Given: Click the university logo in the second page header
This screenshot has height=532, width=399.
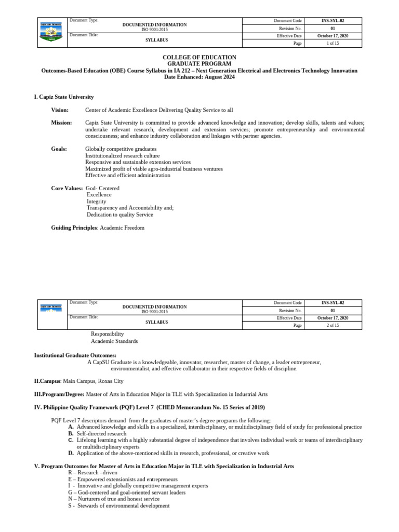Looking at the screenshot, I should tap(51, 308).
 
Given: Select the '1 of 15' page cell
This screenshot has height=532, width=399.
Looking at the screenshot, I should tap(332, 44).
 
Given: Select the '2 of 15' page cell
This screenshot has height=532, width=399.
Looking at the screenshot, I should tap(332, 325).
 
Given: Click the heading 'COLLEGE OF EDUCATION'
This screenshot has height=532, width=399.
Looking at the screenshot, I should tap(199, 57).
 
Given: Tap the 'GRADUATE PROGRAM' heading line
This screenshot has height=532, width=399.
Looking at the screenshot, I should tap(199, 64).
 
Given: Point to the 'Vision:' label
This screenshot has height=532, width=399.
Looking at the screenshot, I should tap(60, 110).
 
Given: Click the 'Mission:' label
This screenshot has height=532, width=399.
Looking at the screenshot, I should tap(61, 123).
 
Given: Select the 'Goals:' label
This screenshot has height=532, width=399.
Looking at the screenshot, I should tap(59, 149).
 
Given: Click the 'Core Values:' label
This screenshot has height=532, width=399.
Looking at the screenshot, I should tap(66, 188).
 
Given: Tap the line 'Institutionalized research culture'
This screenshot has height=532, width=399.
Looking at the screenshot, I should tap(122, 156).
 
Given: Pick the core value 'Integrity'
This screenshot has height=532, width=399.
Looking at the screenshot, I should tap(97, 202).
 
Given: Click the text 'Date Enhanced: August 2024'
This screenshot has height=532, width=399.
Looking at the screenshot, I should tap(199, 77).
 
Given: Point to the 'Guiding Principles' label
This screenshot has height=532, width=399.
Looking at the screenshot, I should tap(74, 228).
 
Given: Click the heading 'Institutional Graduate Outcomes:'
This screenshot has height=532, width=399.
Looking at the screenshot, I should tap(75, 355).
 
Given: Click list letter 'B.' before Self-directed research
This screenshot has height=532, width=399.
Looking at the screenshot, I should tap(71, 433).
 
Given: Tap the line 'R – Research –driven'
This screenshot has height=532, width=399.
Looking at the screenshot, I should tap(92, 473).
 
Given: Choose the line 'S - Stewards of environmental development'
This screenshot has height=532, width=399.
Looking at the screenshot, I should tap(118, 506).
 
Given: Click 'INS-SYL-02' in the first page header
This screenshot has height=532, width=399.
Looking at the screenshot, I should tap(332, 21).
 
